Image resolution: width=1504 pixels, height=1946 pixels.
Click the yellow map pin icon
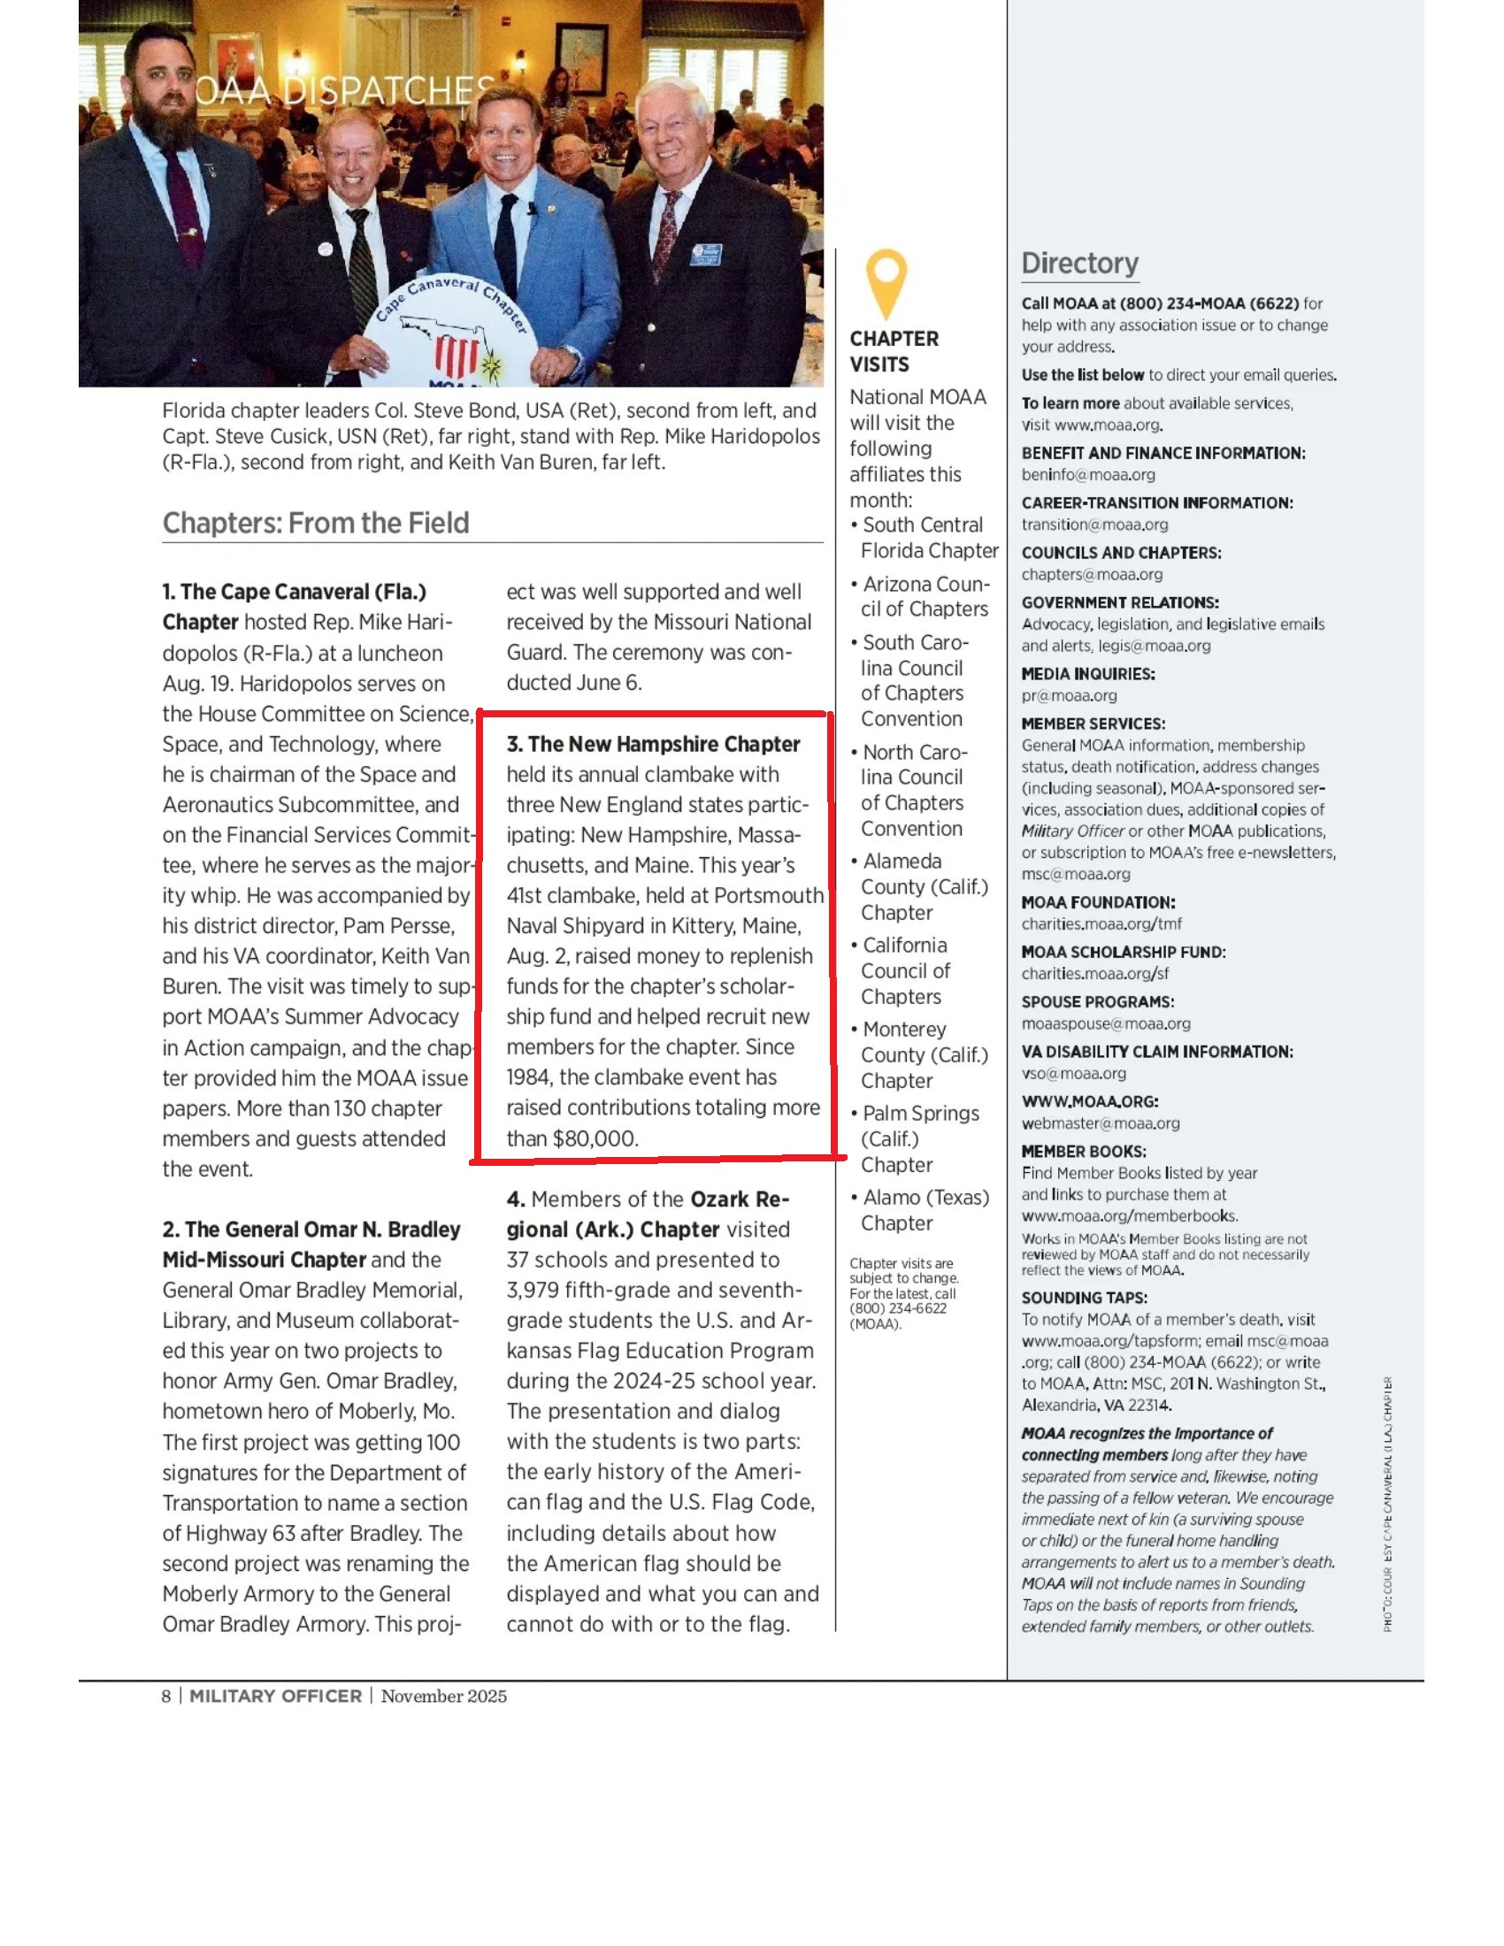pos(886,281)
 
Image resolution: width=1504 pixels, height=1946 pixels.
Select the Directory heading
pos(1079,264)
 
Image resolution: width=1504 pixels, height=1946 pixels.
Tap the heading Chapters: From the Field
pos(316,523)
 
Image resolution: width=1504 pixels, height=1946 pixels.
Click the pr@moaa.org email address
pos(1069,696)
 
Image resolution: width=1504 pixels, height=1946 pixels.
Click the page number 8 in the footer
pos(165,1697)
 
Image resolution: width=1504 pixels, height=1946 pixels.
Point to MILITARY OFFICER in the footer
pos(275,1697)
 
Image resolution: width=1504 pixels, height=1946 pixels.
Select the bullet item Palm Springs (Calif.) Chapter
pos(920,1138)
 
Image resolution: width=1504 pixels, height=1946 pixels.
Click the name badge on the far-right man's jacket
pos(706,256)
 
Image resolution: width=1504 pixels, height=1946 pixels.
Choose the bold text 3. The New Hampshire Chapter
pos(653,744)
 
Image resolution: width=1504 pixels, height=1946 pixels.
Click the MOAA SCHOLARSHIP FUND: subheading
pos(1123,953)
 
